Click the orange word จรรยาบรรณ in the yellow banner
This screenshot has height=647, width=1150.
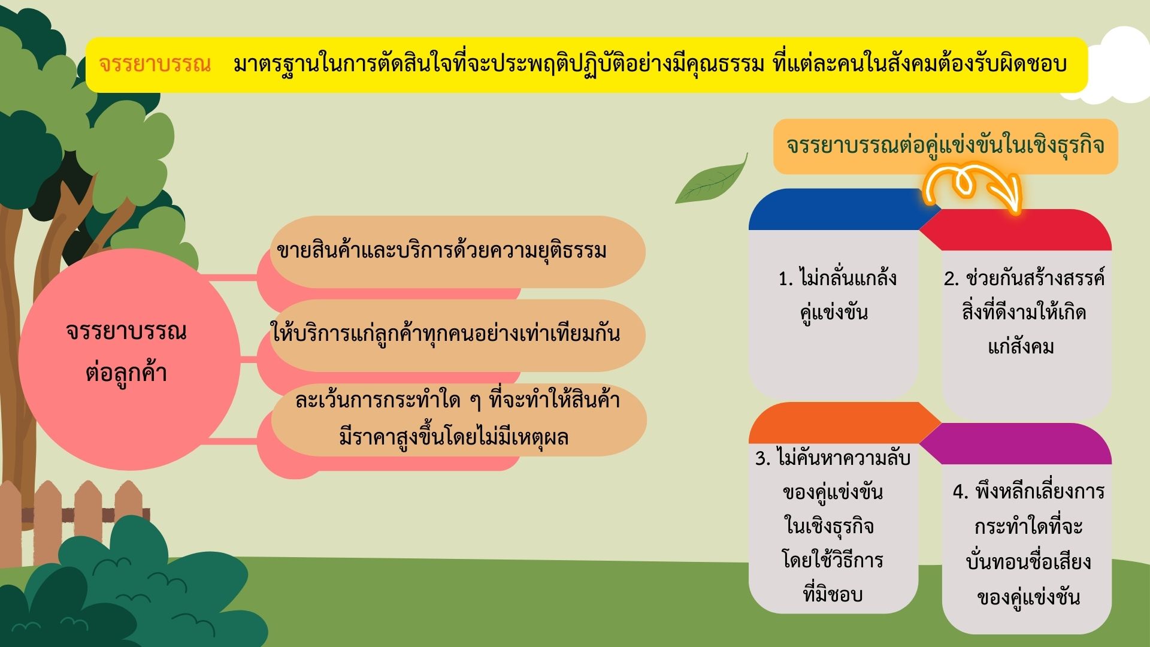point(155,64)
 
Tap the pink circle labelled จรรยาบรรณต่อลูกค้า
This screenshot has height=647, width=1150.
point(129,359)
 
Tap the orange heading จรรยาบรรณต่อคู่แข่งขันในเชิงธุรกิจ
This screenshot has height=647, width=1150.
point(946,146)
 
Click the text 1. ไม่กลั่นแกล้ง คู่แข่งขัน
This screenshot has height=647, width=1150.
point(837,295)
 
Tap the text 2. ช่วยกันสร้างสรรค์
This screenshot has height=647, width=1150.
point(1024,279)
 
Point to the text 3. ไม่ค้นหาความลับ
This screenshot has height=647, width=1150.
point(833,458)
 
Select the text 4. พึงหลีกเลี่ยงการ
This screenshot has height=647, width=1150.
point(1028,492)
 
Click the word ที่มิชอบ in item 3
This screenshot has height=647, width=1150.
point(833,594)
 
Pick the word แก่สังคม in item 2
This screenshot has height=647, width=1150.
point(1021,347)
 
